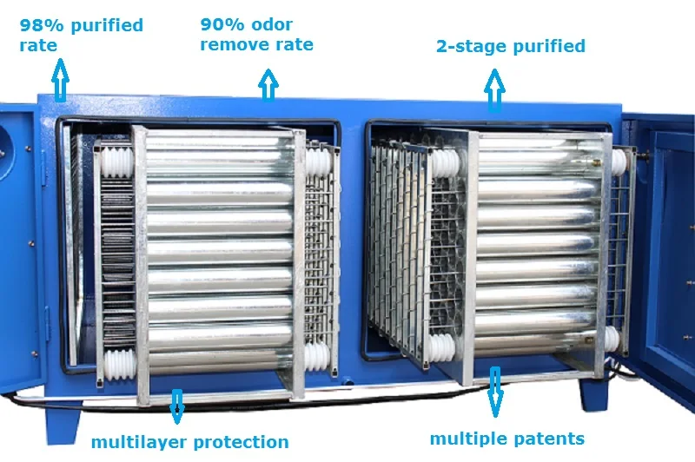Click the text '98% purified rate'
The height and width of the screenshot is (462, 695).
(x=81, y=34)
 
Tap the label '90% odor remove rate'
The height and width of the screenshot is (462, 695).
(x=256, y=34)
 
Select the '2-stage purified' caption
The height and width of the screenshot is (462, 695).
(x=510, y=46)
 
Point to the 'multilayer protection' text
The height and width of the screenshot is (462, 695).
(x=189, y=442)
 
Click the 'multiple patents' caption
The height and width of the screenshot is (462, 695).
(x=507, y=438)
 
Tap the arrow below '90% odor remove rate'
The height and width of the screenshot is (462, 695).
(x=268, y=84)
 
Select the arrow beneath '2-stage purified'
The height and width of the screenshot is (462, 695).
(x=494, y=90)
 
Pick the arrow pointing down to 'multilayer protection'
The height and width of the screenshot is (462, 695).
(x=177, y=405)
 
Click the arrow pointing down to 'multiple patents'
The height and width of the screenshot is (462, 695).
(x=495, y=391)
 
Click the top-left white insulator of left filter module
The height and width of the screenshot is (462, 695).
(x=114, y=162)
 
